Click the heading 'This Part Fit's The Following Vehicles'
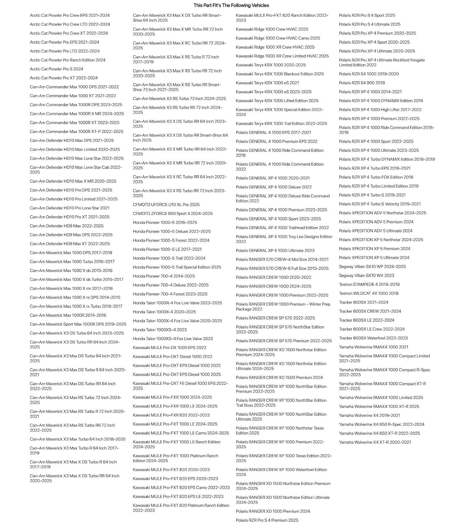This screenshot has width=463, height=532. [231, 5]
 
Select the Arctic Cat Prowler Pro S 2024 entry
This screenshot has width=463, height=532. [56, 69]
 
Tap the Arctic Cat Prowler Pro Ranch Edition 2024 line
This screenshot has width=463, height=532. [67, 60]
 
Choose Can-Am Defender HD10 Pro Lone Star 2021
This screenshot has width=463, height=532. [70, 208]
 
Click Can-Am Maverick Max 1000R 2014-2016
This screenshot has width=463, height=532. [68, 315]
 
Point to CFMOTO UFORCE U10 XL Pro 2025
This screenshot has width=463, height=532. [166, 205]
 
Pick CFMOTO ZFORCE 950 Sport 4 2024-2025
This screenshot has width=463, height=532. [173, 214]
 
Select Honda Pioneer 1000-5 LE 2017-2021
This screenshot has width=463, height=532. [167, 249]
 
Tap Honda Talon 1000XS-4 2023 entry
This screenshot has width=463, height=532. [160, 329]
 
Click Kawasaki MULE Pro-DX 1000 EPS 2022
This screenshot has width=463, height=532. [169, 348]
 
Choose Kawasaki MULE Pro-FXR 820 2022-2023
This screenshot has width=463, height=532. [171, 415]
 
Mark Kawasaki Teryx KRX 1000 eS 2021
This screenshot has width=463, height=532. [267, 83]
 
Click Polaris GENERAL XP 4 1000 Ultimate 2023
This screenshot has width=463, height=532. [275, 250]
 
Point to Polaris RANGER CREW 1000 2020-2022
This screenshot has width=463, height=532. [273, 277]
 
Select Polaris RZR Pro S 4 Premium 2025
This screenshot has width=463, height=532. [267, 520]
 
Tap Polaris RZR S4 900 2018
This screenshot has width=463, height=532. [362, 83]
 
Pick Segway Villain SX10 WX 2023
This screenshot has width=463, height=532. [366, 275]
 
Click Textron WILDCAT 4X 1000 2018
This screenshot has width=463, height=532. [369, 293]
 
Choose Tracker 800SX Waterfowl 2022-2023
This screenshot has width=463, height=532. [373, 338]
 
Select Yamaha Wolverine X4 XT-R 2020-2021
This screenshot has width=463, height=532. [375, 442]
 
